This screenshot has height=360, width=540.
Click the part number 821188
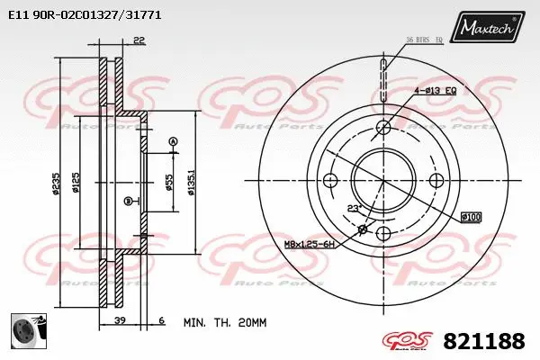point(483,342)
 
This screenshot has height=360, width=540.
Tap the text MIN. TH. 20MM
point(225,321)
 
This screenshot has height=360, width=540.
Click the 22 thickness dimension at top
point(138,39)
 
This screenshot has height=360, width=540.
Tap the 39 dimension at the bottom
point(118,321)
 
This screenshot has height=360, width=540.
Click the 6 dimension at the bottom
point(161,321)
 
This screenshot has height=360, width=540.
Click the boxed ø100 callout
point(470,216)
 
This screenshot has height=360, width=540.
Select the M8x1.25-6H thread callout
point(310,245)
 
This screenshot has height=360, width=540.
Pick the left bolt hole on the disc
point(330,180)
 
